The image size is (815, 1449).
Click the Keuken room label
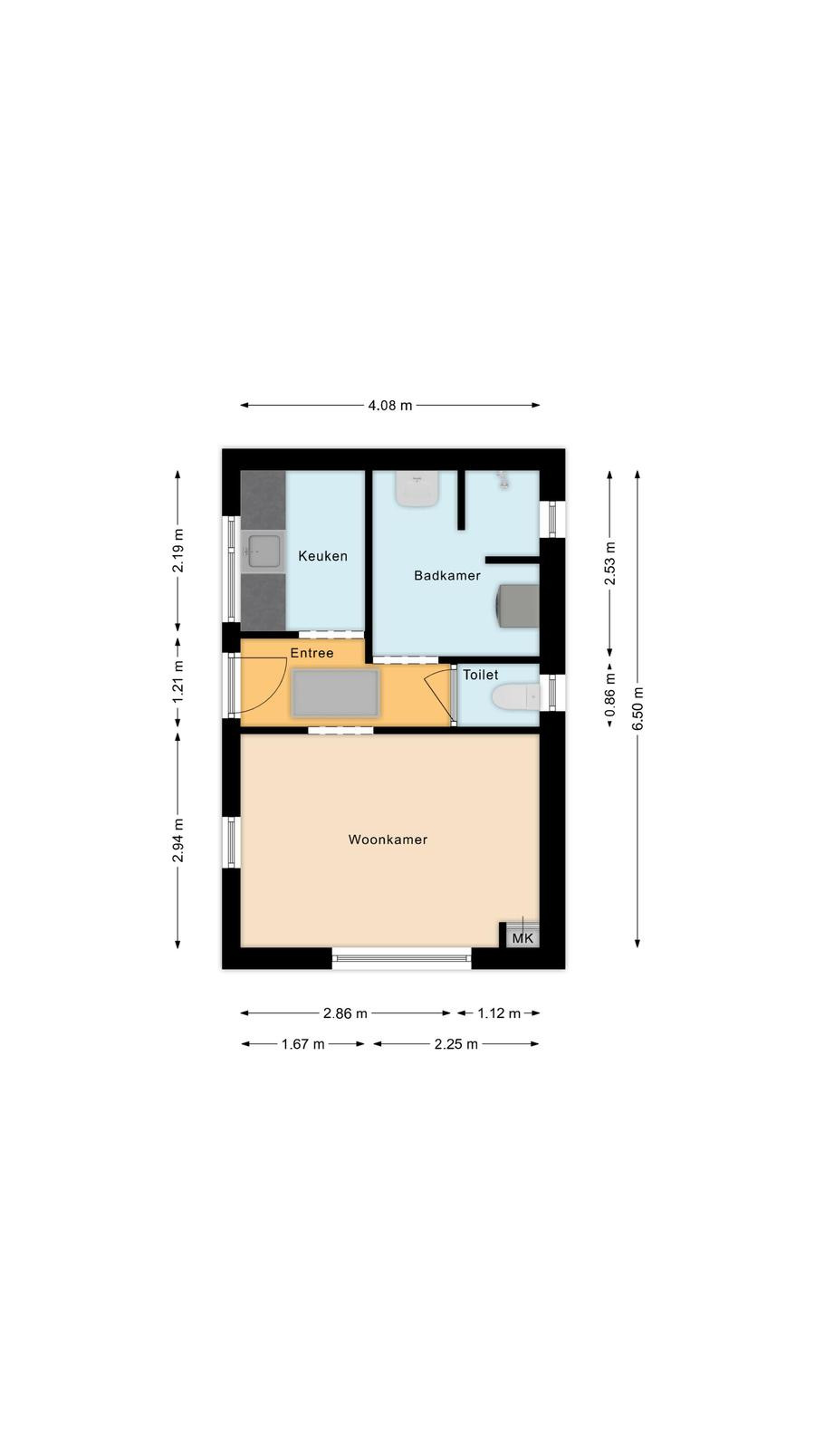coord(322,556)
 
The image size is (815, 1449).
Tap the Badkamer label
coord(447,575)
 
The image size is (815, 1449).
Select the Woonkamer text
coord(388,840)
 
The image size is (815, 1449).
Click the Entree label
coord(312,653)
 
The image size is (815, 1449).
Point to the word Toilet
coord(481,675)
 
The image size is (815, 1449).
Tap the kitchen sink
coord(263,552)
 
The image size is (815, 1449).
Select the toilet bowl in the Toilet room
coord(515,697)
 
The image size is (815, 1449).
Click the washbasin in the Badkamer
coord(417,489)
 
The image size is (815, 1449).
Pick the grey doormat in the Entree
coord(335,694)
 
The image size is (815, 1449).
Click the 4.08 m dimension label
coord(390,406)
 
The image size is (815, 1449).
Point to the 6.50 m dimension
coord(638,708)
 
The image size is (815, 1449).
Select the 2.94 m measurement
coord(177,840)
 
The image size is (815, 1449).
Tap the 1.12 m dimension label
coord(499,1013)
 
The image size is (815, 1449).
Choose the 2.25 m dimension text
coord(456,1043)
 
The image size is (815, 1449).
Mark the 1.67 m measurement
coord(302,1043)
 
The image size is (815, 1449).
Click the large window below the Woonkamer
coord(402,958)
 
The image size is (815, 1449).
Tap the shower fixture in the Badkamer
coord(503,480)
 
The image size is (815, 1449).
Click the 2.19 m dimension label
coord(177,551)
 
